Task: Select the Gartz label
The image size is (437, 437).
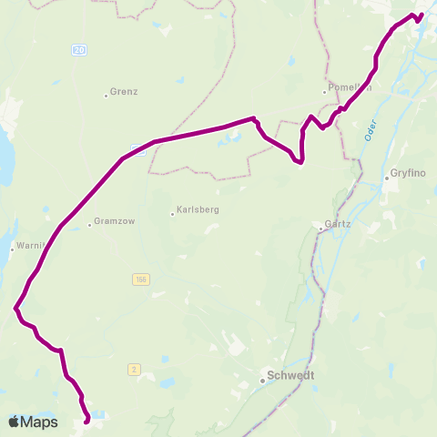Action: point(339,224)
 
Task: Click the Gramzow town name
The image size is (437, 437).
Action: point(111,223)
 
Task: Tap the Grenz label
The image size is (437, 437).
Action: point(123,93)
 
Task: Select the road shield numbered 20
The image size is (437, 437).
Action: point(79,52)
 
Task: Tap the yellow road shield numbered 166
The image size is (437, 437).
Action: point(138,279)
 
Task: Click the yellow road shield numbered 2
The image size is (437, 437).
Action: point(134,369)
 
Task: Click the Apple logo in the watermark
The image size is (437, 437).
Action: point(14,422)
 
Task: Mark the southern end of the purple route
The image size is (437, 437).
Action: point(87,422)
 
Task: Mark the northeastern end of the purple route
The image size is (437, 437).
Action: point(422,14)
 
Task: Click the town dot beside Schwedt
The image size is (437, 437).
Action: point(262,381)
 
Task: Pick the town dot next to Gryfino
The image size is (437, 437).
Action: point(386,178)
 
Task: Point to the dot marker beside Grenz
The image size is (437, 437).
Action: point(107,94)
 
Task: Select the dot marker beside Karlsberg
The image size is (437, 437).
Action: point(173,215)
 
